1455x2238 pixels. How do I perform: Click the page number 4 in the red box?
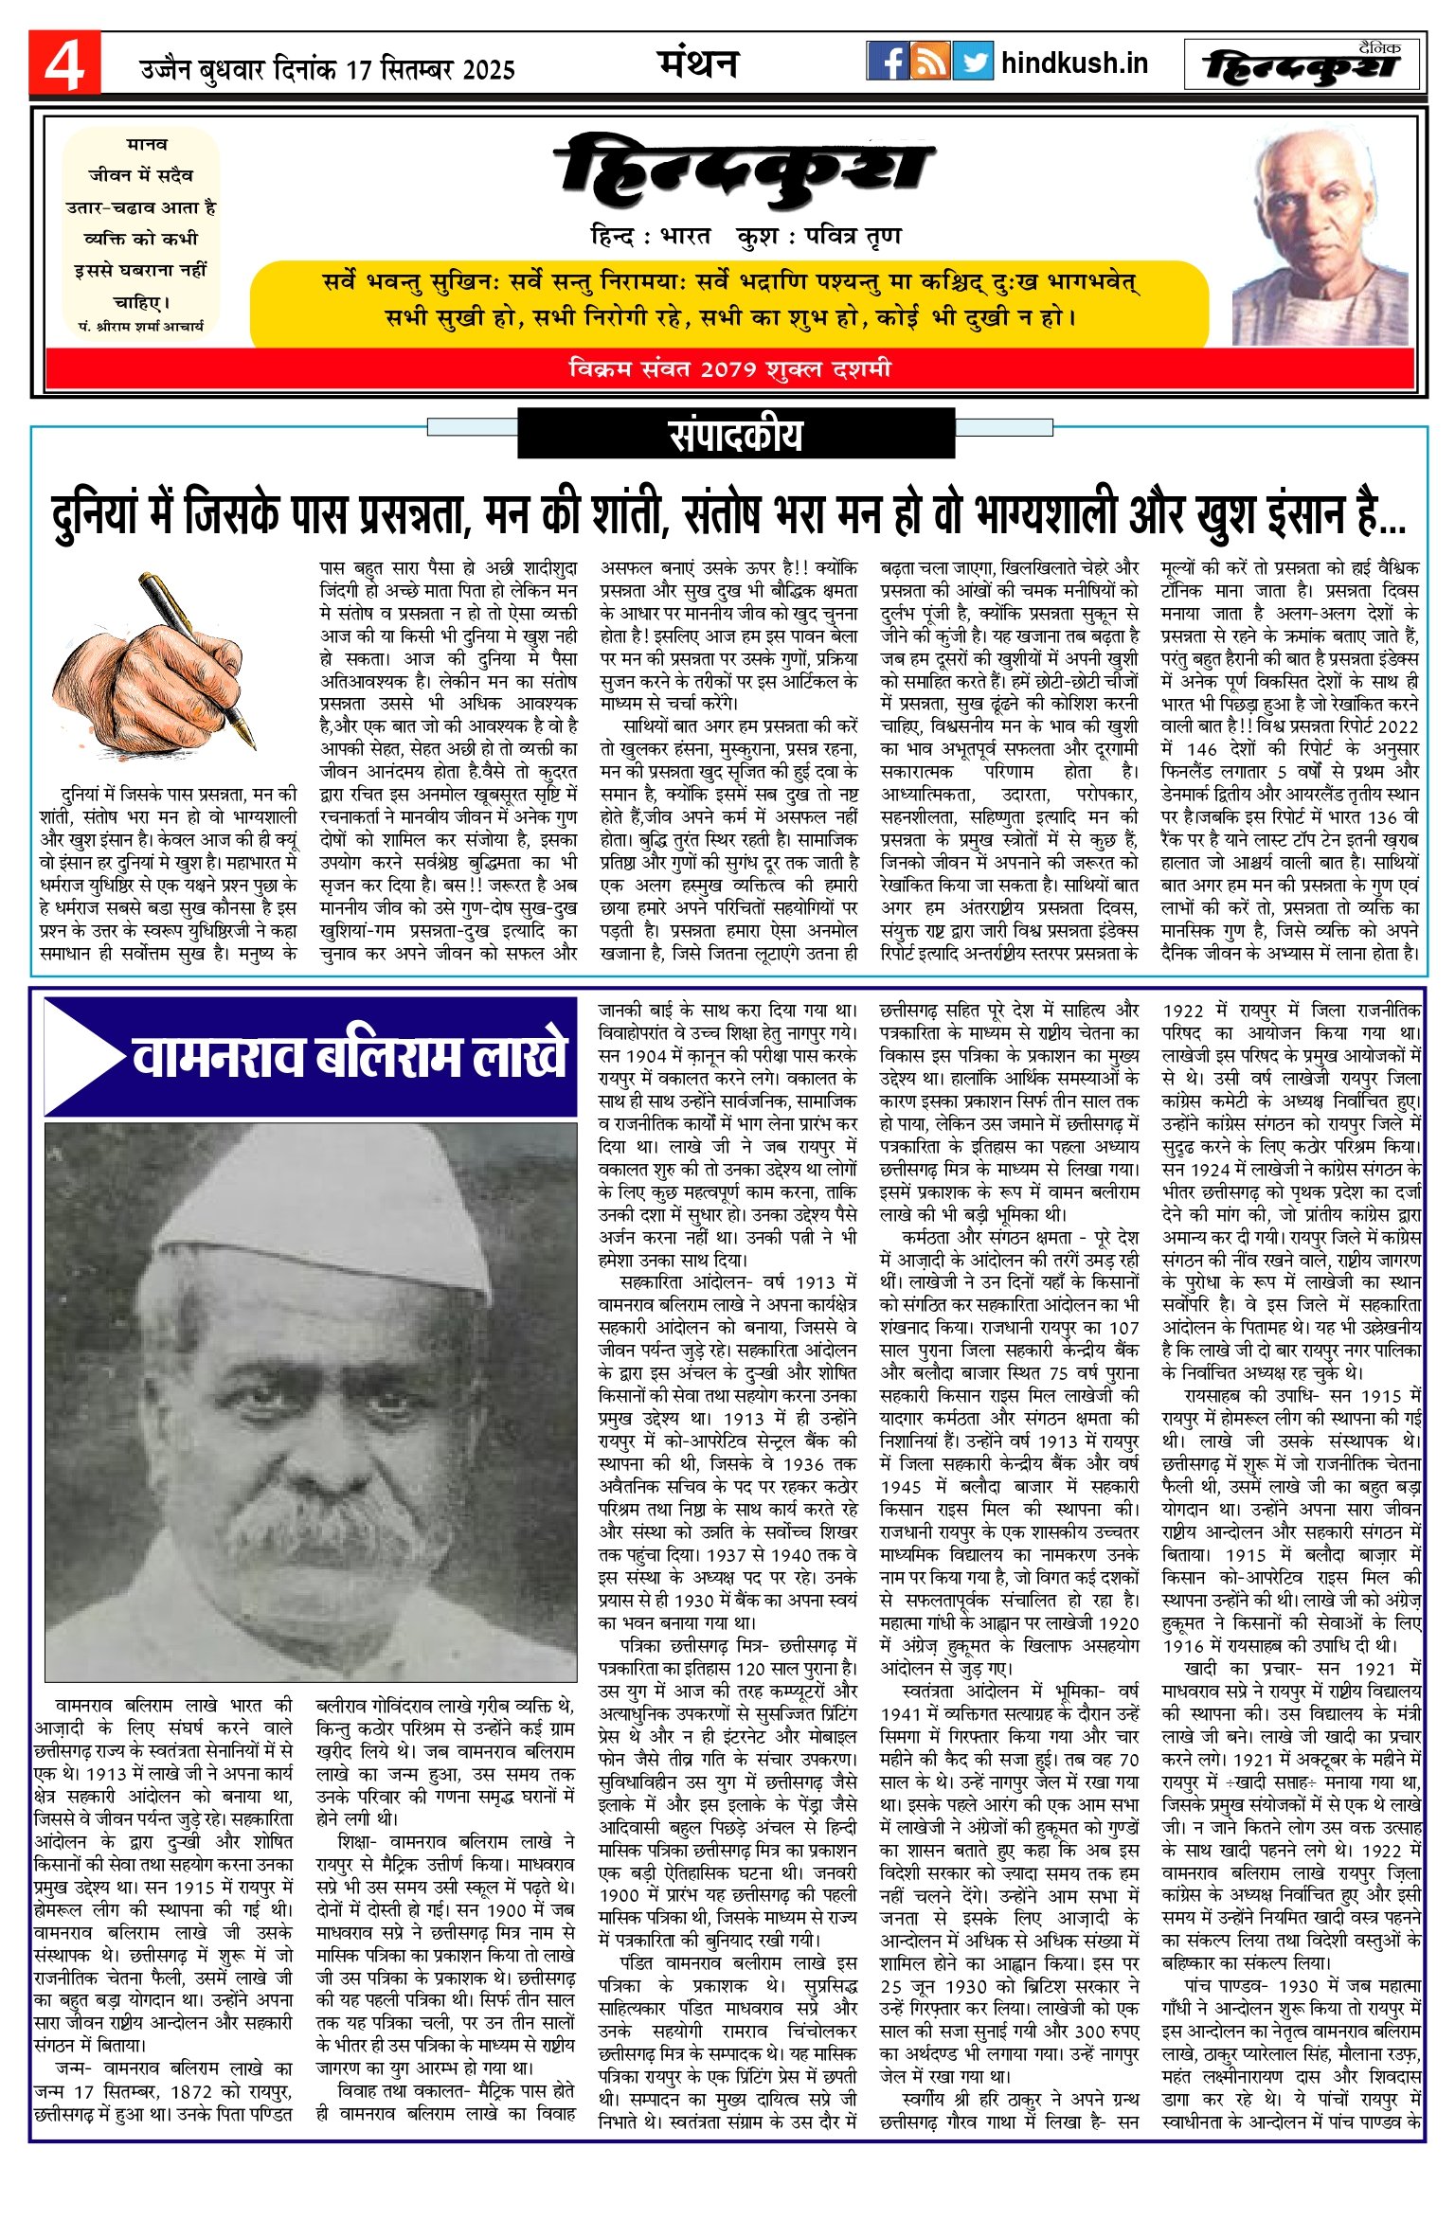pos(63,64)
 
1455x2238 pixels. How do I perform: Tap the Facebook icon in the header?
pos(888,62)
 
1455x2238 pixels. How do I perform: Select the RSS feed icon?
pos(930,62)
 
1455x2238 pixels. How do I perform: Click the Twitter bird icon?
pos(973,62)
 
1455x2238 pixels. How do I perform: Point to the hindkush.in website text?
pos(1074,63)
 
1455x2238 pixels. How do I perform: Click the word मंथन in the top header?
pos(698,63)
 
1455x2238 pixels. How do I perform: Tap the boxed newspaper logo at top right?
pos(1303,64)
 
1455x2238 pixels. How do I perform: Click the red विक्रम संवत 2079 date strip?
pos(729,368)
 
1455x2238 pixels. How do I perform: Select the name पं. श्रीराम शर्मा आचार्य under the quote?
pos(141,326)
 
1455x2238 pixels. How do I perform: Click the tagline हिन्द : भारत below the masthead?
pos(650,236)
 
